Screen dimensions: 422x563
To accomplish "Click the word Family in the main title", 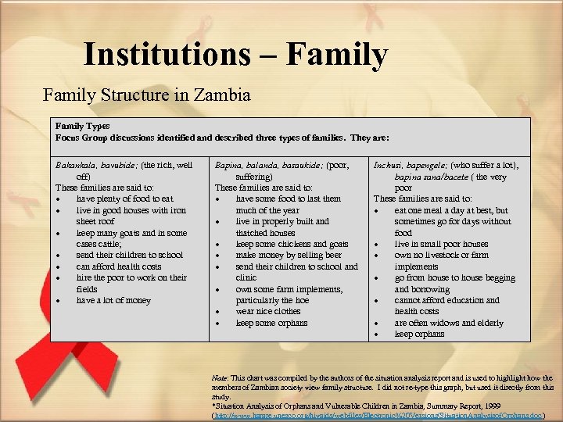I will (337, 55).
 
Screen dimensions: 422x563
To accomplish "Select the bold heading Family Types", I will (82, 126).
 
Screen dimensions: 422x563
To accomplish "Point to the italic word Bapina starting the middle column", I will (229, 166).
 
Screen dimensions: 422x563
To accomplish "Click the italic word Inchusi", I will (389, 166).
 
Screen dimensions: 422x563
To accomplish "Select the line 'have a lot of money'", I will (113, 300).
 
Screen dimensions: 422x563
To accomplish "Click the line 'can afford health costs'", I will (119, 266).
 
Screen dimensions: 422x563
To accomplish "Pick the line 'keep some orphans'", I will (271, 323).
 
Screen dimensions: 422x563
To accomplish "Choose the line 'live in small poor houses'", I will (441, 245).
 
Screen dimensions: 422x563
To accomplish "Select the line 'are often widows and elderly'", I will (449, 323).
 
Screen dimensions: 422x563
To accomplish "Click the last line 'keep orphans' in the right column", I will (419, 334).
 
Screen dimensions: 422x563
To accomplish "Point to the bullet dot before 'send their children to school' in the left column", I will (59, 256).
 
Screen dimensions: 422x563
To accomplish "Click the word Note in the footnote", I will (220, 377).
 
